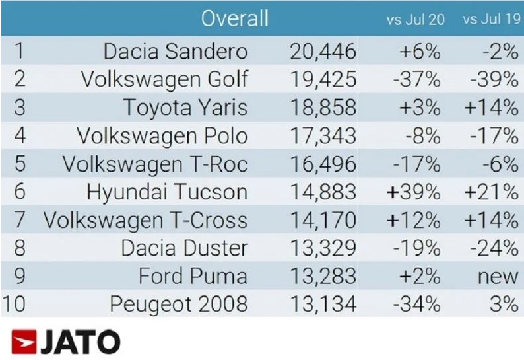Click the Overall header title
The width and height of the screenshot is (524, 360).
point(235,18)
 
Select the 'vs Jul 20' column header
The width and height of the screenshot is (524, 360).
point(415,20)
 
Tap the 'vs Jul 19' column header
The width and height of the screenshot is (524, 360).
point(490,20)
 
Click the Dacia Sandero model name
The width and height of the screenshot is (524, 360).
point(176,52)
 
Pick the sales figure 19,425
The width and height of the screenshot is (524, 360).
point(323,80)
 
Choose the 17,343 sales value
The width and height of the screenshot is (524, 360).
point(323,137)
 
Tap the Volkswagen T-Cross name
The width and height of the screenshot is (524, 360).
point(146,221)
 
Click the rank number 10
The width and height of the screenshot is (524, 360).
point(15,305)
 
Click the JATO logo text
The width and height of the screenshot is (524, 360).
point(82,342)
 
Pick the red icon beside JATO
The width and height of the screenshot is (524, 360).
point(23,342)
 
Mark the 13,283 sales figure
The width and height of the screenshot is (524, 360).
point(323,277)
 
